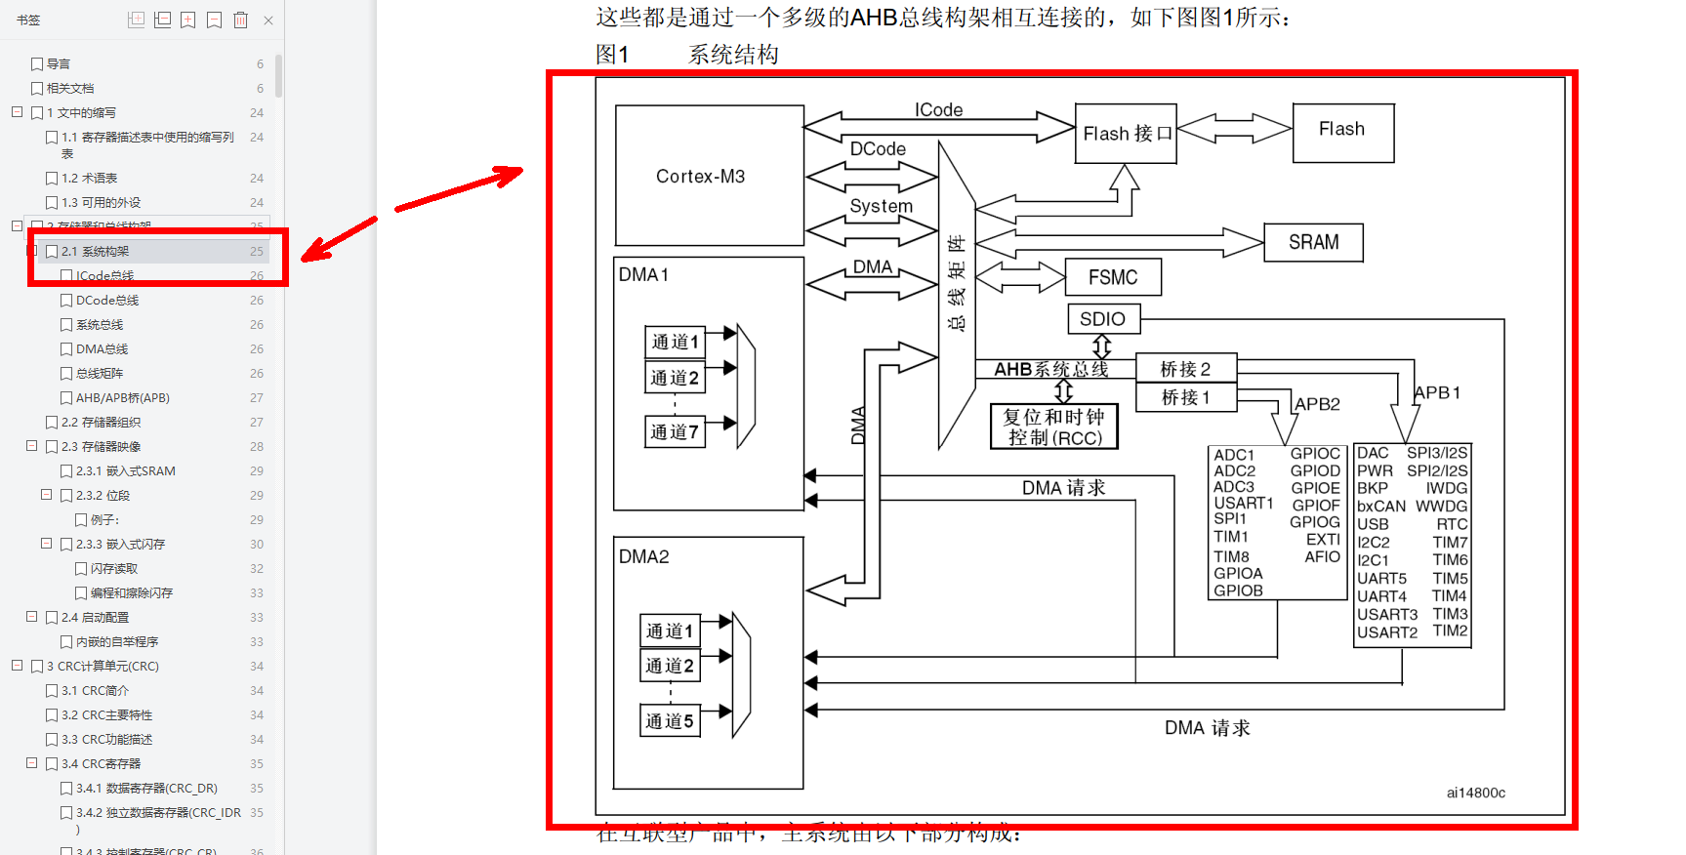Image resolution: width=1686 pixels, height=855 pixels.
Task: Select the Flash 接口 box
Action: click(1126, 134)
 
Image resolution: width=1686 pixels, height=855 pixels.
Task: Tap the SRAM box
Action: click(1313, 242)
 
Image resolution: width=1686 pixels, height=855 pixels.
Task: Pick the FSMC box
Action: click(1113, 277)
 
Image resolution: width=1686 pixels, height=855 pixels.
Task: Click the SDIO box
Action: click(1103, 319)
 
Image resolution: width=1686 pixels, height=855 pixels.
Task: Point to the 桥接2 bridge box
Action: click(1186, 369)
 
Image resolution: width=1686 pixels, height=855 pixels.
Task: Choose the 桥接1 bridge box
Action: click(1186, 397)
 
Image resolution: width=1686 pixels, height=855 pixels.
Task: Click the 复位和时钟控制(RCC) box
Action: click(1054, 427)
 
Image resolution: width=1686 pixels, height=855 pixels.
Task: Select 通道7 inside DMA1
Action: click(675, 431)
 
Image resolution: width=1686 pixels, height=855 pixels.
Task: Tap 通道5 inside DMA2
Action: click(670, 721)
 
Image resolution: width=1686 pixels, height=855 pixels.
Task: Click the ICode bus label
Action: click(938, 110)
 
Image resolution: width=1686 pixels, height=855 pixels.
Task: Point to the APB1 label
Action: click(1437, 392)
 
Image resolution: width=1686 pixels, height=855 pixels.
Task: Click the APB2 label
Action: click(1317, 404)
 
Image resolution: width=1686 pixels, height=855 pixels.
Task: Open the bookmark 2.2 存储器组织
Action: click(101, 423)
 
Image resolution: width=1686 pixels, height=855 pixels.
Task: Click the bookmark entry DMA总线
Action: click(102, 349)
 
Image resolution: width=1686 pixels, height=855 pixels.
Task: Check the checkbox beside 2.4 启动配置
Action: click(53, 618)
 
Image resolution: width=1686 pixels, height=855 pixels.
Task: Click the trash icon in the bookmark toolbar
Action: click(240, 20)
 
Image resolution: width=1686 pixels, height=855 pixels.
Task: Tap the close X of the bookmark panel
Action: click(268, 20)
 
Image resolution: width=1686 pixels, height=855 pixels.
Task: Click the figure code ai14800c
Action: click(1475, 793)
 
